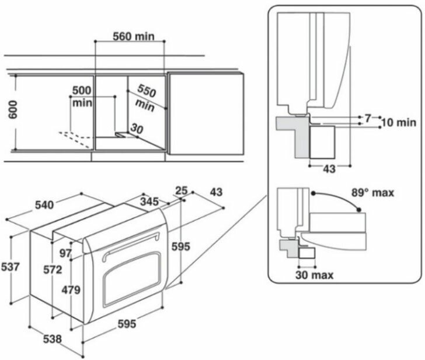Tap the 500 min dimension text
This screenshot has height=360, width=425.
(x=81, y=97)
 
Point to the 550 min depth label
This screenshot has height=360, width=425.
(x=146, y=98)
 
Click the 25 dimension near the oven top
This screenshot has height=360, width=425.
(x=182, y=191)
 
